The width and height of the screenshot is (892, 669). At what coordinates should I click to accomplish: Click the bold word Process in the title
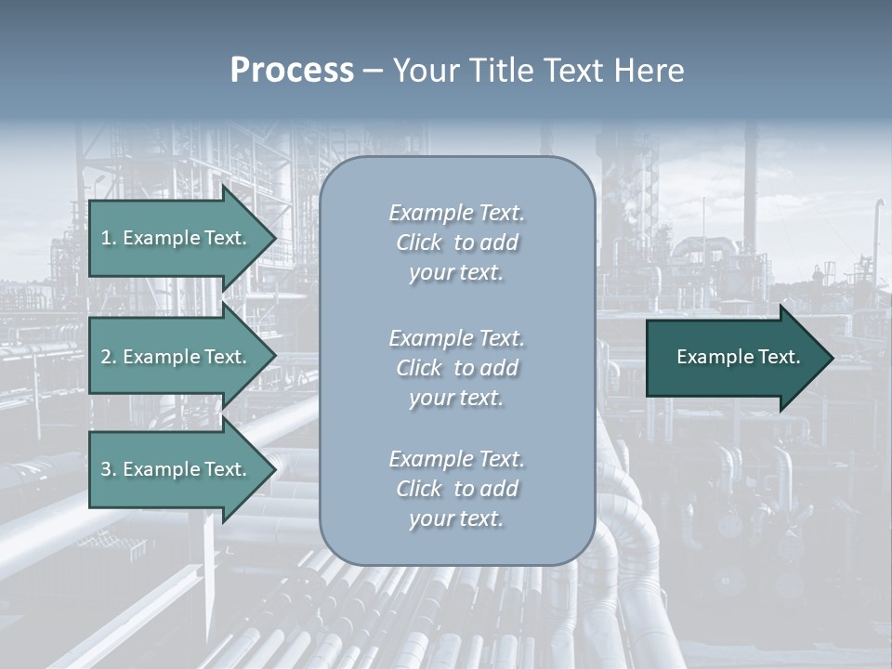pyautogui.click(x=292, y=71)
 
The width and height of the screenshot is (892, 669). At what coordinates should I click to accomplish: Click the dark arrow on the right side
pyautogui.click(x=734, y=358)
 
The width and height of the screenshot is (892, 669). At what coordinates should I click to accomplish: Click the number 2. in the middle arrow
pyautogui.click(x=108, y=357)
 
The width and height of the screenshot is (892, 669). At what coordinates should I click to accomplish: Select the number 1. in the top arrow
pyautogui.click(x=108, y=238)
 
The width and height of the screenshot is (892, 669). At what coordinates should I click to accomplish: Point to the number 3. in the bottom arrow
pyautogui.click(x=108, y=469)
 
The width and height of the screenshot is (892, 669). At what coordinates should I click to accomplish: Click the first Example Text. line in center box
pyautogui.click(x=456, y=213)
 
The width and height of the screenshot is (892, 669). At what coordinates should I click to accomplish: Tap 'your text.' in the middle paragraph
pyautogui.click(x=456, y=398)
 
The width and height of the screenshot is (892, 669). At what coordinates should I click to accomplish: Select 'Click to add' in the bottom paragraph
pyautogui.click(x=456, y=489)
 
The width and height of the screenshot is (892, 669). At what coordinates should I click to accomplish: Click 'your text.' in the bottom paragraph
pyautogui.click(x=456, y=518)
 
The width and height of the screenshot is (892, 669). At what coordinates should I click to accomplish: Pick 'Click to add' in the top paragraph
pyautogui.click(x=456, y=243)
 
